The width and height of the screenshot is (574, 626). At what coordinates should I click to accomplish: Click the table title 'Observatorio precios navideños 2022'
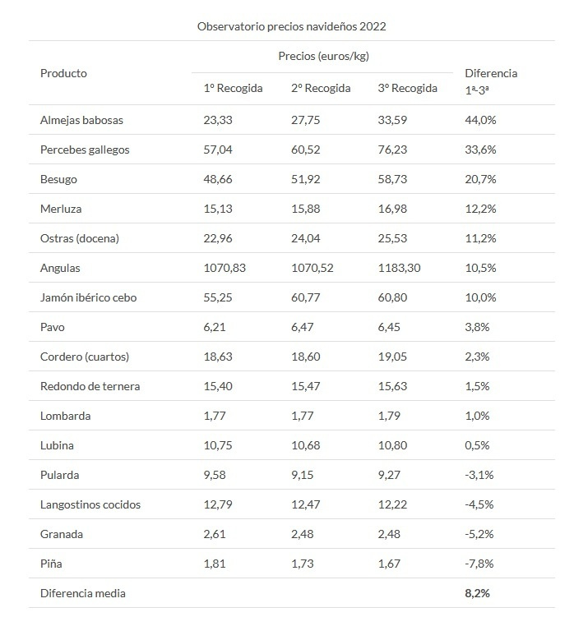coord(291,26)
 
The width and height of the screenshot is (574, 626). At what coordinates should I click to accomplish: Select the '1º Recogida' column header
coord(233,89)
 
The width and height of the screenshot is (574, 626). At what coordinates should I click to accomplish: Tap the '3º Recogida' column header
coord(407,89)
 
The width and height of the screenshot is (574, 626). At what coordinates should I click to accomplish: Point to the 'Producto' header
coord(63,73)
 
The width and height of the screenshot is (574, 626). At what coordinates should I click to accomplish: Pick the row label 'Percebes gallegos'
coord(85,150)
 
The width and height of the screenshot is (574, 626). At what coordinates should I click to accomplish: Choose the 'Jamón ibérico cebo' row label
coord(88,297)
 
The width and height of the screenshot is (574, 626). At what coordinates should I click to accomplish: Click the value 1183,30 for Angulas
coord(399,268)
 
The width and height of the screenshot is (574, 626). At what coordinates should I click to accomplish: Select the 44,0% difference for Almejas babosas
coord(481,120)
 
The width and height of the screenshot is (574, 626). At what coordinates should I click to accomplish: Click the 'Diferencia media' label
coord(82,592)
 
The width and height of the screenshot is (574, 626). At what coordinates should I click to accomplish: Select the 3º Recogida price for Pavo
coord(391,327)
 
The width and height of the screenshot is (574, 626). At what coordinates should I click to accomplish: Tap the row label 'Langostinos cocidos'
coord(90,504)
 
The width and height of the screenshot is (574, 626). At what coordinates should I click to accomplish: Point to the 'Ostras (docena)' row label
coord(80,238)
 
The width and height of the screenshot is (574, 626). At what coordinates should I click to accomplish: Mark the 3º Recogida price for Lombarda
coord(391,416)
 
